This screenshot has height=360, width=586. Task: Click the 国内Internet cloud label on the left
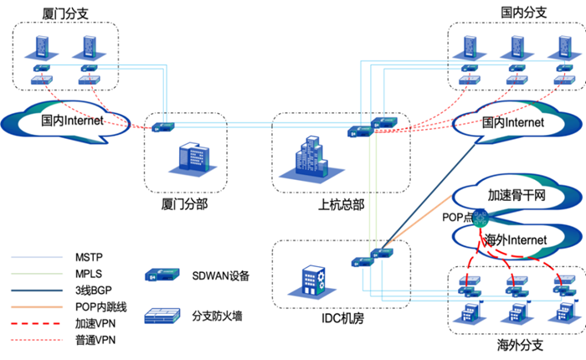(73, 121)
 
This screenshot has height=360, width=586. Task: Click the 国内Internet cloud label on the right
(513, 122)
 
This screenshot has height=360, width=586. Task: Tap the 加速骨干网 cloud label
(517, 196)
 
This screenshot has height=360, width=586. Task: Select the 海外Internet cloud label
(515, 240)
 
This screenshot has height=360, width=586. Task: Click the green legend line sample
(37, 274)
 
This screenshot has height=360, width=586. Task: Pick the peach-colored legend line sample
(37, 306)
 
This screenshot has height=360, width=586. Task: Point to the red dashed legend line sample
(37, 323)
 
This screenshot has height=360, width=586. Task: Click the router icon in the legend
(162, 275)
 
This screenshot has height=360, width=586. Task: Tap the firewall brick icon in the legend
(162, 316)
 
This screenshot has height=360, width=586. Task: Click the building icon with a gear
(313, 281)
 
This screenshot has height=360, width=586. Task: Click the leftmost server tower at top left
(42, 47)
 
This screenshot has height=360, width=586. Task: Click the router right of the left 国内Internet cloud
(162, 127)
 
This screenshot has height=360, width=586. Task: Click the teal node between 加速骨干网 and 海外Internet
(480, 219)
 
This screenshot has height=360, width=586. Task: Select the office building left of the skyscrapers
(193, 157)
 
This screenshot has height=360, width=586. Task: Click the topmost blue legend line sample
(37, 257)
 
